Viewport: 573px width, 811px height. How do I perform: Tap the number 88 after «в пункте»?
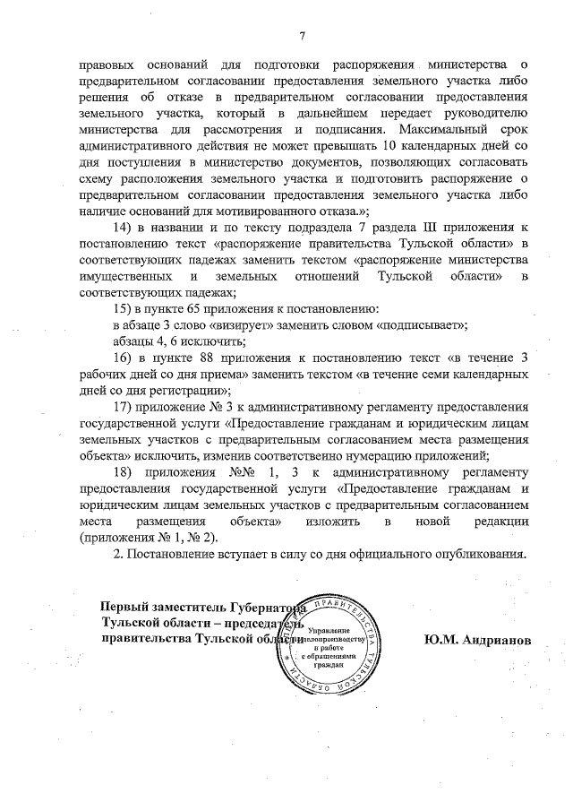tap(218, 358)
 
